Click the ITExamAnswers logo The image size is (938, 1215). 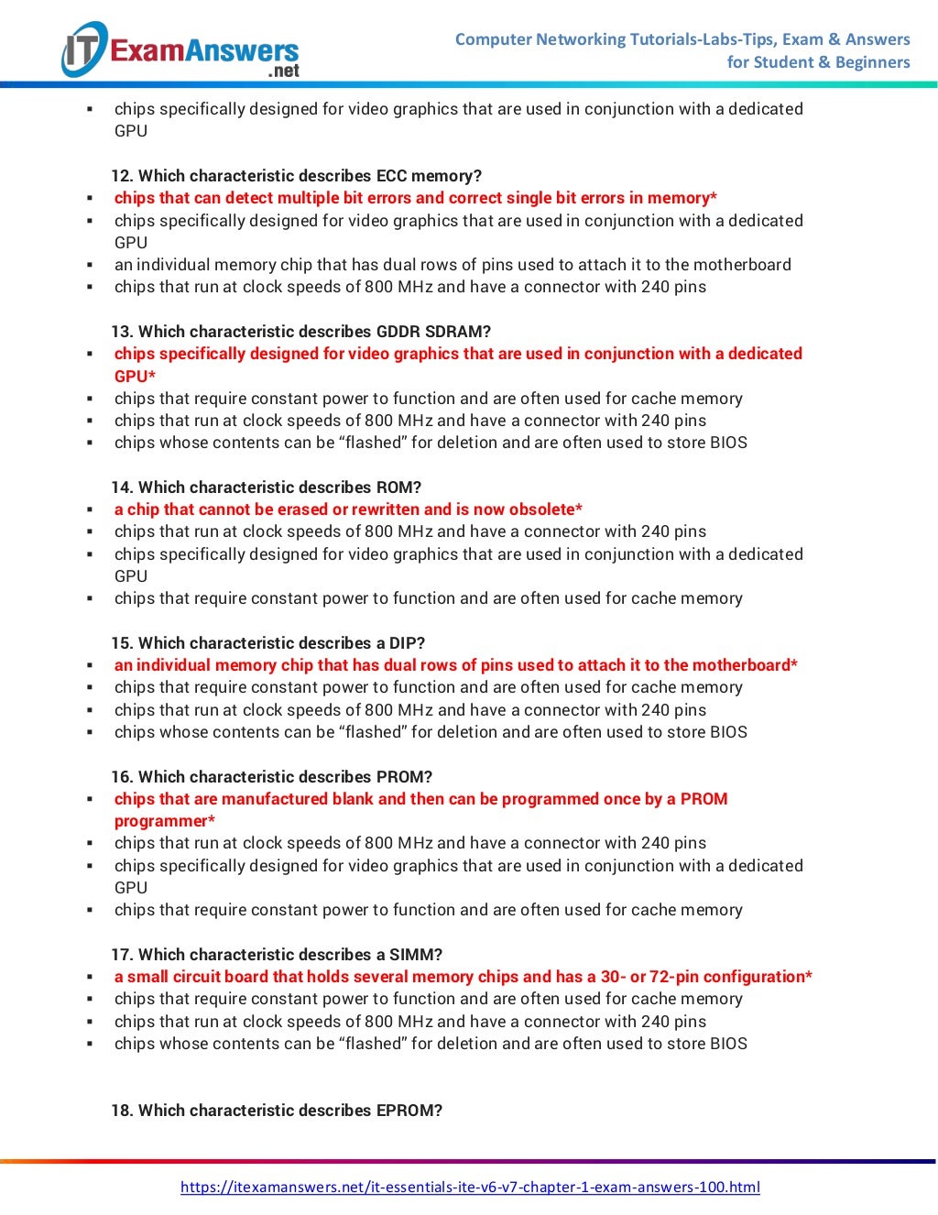click(180, 50)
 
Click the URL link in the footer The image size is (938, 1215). click(470, 1187)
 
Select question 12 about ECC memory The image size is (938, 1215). click(296, 176)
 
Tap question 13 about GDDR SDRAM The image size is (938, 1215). click(300, 332)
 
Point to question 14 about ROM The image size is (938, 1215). click(266, 487)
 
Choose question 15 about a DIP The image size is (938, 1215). click(267, 643)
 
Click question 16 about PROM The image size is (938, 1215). click(271, 777)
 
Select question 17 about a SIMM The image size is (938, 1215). click(277, 955)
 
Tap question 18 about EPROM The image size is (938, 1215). click(277, 1111)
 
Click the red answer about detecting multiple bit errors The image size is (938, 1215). click(415, 198)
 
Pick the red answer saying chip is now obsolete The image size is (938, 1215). click(348, 509)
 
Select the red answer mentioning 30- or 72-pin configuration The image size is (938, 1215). click(463, 977)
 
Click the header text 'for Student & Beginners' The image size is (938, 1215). click(818, 62)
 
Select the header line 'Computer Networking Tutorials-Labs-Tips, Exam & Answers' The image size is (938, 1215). click(682, 39)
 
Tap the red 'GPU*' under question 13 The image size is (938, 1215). click(135, 377)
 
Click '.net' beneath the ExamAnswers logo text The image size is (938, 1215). click(283, 71)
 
